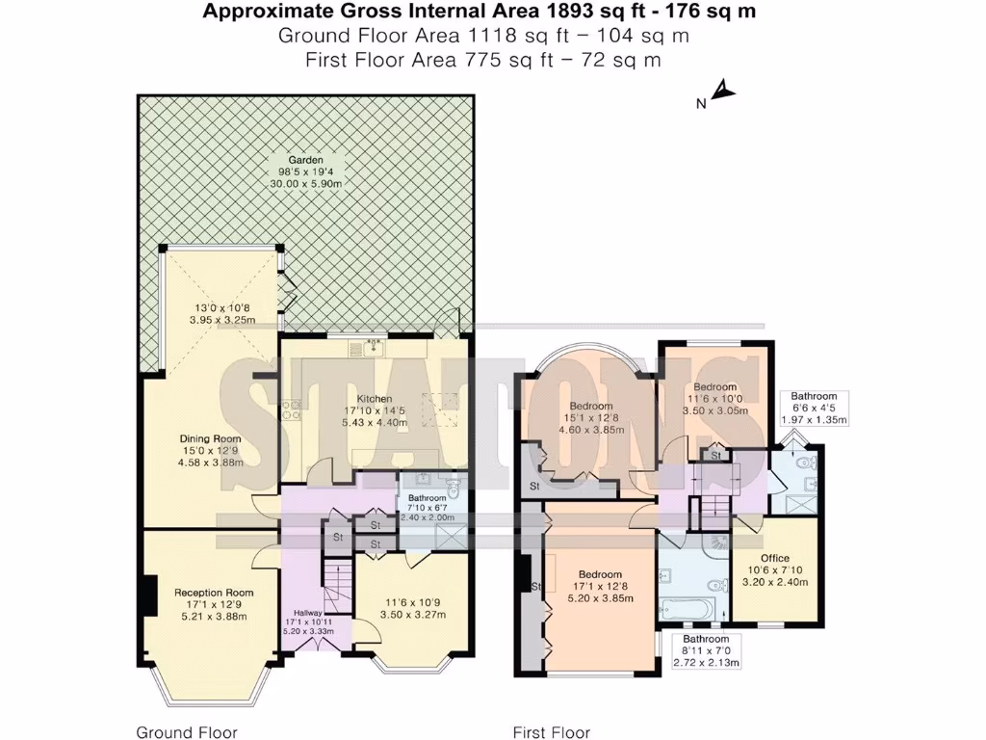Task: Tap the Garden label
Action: pos(305,160)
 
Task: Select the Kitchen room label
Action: pos(375,398)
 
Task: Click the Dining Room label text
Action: pos(211,438)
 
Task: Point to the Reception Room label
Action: pos(214,593)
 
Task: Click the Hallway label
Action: pos(308,612)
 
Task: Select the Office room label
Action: pos(775,558)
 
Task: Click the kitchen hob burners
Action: pos(291,410)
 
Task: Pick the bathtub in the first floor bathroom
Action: pos(688,610)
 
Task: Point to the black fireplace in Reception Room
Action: pos(148,595)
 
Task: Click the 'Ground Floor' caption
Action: pos(187,732)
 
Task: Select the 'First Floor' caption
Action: pos(552,732)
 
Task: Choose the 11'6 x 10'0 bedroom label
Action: pos(715,399)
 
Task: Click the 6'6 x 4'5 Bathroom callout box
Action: pos(814,408)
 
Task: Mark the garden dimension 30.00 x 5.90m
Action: pos(306,184)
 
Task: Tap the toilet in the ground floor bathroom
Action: pos(453,487)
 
